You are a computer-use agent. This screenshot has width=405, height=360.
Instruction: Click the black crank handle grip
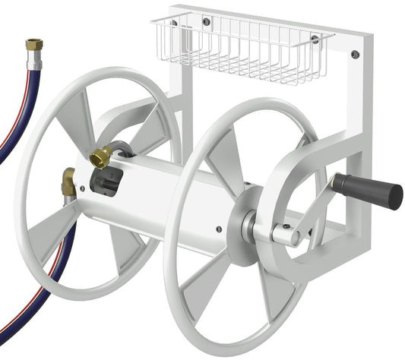(368, 191)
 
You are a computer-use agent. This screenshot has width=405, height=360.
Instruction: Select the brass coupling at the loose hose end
(33, 45)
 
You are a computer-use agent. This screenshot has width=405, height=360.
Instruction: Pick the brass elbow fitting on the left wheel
(68, 182)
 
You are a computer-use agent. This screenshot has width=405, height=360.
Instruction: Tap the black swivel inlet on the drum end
(103, 182)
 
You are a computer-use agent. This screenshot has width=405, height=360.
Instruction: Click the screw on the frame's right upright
(354, 55)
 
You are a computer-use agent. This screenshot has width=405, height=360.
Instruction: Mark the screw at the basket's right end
(315, 39)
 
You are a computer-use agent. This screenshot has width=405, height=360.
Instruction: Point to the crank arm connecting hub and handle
(312, 209)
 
